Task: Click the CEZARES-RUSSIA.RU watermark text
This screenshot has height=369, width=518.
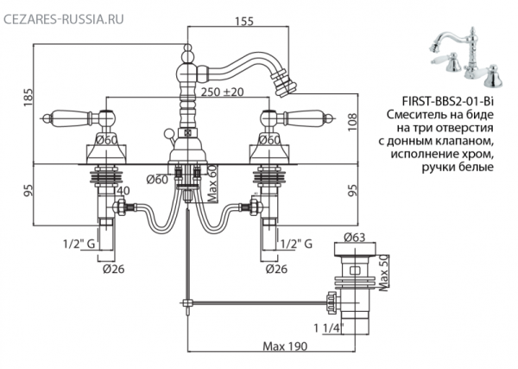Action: pos(63,19)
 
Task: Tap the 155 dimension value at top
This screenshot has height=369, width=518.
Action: pos(244,21)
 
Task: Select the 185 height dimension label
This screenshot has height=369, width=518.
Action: pos(28,97)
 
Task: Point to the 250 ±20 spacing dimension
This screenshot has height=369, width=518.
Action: pos(223,92)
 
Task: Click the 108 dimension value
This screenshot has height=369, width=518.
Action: pos(353,122)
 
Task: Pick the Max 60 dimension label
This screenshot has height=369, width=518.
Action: pos(212,183)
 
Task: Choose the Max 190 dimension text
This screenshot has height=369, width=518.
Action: pos(285,347)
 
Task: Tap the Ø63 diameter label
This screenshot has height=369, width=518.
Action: pos(355,237)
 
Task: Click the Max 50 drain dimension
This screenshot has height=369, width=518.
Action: pos(384,273)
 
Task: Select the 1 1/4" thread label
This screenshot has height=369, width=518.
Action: pos(329,328)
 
